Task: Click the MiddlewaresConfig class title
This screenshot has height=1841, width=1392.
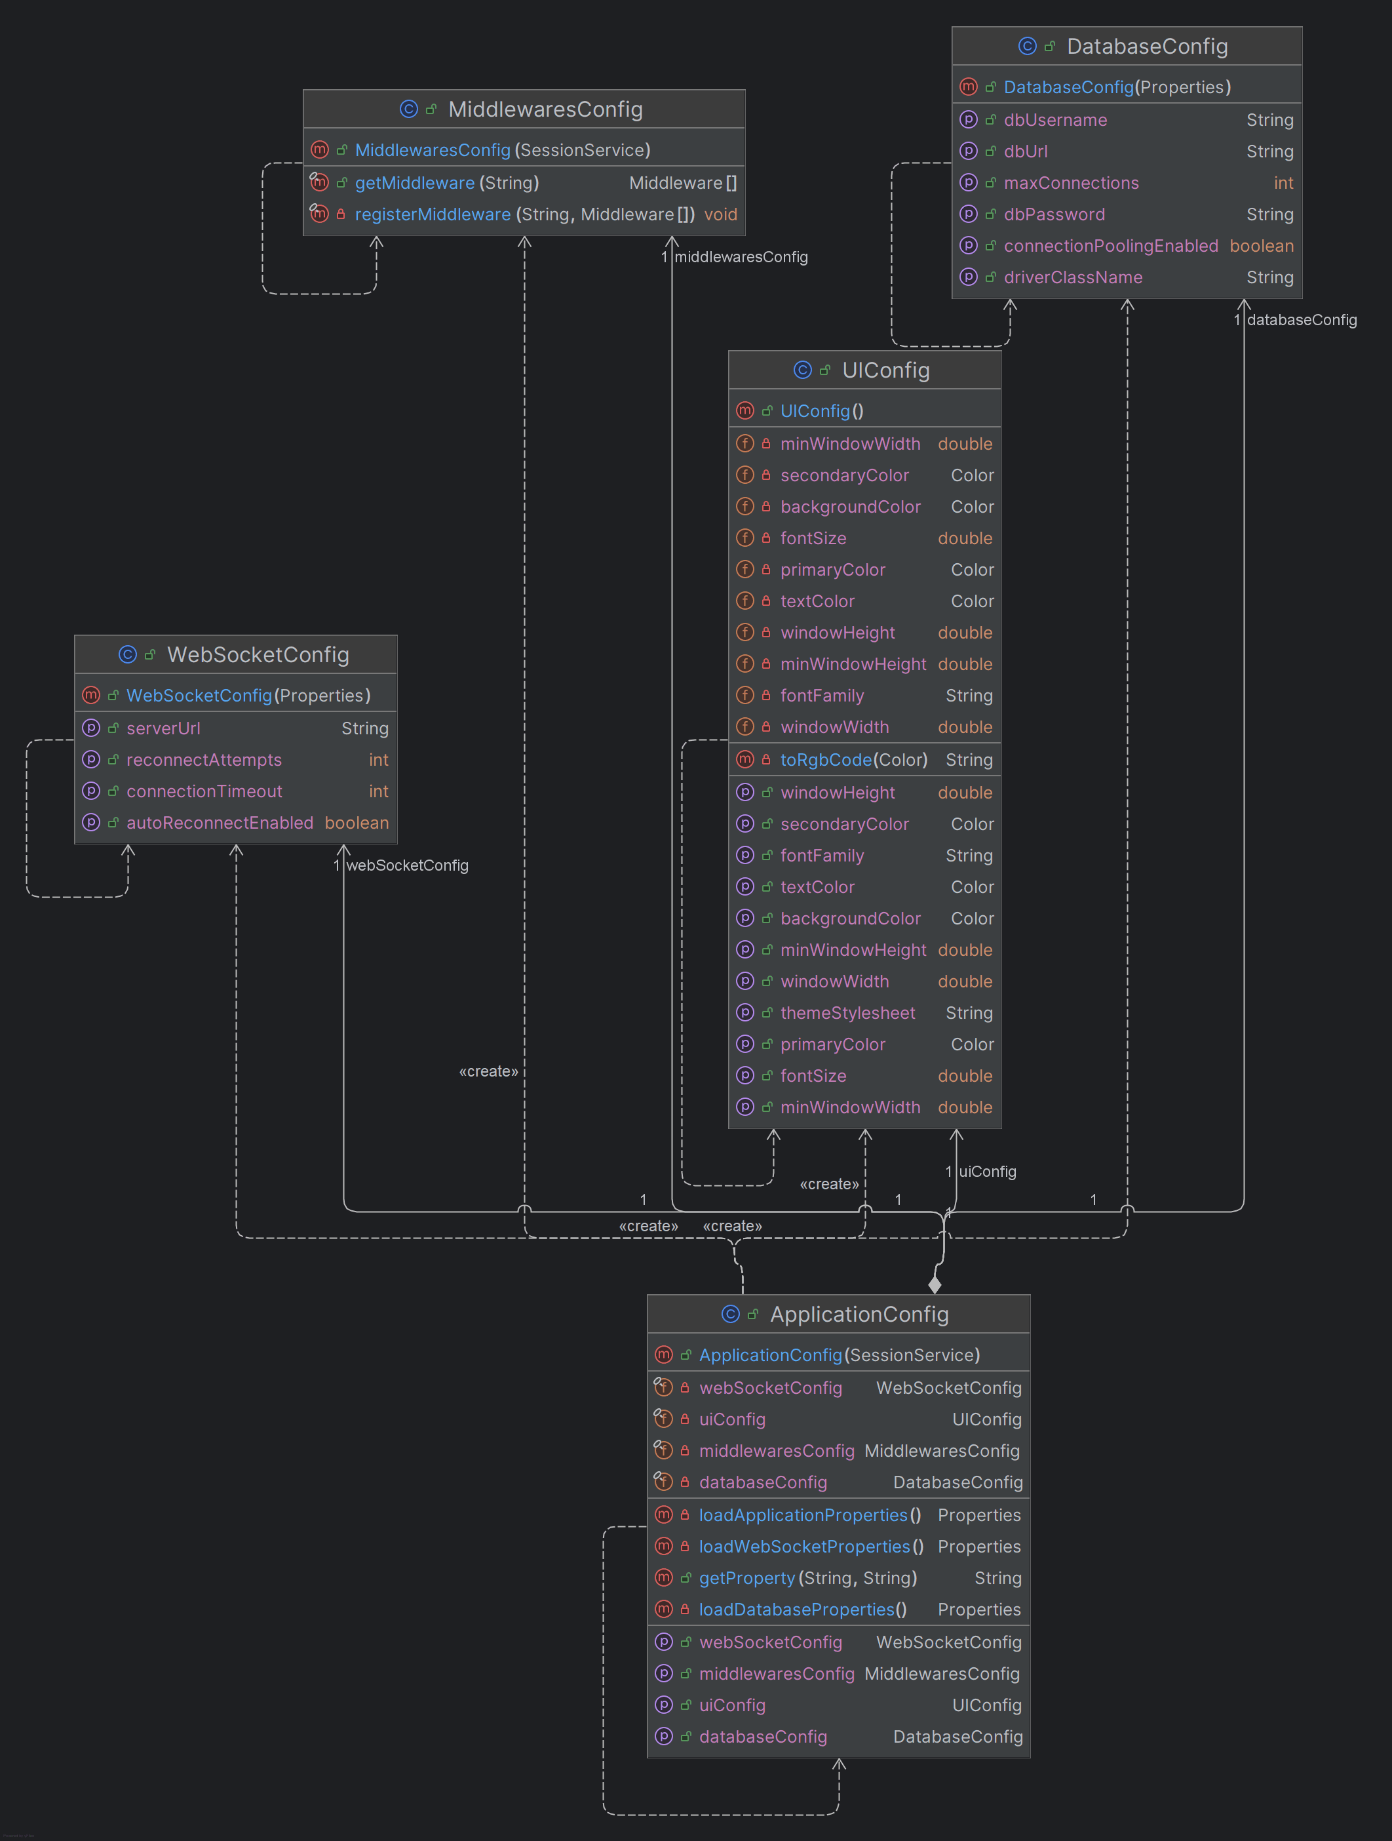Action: click(x=545, y=109)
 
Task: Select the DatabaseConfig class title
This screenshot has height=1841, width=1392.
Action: click(x=1146, y=47)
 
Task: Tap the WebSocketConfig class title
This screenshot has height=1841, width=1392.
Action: click(x=258, y=655)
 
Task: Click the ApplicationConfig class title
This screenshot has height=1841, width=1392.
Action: click(x=859, y=1314)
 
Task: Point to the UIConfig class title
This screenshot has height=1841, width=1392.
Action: click(x=885, y=370)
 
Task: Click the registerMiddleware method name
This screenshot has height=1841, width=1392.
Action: click(x=433, y=215)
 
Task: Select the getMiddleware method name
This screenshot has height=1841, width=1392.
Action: click(x=414, y=183)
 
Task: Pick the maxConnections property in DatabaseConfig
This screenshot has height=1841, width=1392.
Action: click(x=1071, y=183)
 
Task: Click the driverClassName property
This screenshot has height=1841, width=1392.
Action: click(x=1072, y=277)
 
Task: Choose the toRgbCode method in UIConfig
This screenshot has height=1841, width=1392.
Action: click(x=825, y=760)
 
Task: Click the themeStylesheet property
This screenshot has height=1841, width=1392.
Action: click(x=847, y=1013)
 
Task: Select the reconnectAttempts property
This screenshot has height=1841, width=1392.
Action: click(x=204, y=760)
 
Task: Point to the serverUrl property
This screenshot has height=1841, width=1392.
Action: click(x=163, y=728)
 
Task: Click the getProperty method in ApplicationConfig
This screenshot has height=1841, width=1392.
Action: click(x=746, y=1578)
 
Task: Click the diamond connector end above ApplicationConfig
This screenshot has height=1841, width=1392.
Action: click(x=935, y=1285)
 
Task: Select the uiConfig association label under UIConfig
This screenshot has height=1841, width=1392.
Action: click(x=987, y=1172)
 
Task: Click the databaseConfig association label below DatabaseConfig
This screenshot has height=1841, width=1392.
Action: click(x=1302, y=321)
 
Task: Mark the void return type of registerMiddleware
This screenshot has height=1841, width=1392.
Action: click(x=720, y=215)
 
